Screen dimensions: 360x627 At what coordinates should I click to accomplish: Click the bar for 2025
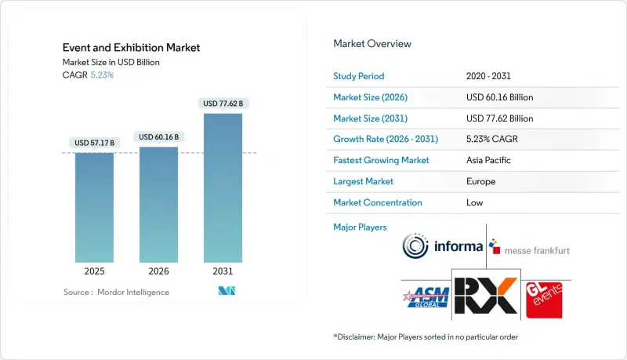95,207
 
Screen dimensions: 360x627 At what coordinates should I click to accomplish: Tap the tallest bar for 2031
223,187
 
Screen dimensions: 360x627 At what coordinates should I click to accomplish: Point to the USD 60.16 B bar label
158,136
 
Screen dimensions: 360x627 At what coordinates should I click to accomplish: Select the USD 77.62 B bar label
223,103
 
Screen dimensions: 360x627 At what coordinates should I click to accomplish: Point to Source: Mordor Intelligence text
116,292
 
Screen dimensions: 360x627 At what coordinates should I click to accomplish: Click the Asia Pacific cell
488,160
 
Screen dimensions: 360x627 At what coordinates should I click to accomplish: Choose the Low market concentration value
476,202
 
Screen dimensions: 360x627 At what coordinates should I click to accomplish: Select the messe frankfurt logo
530,249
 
